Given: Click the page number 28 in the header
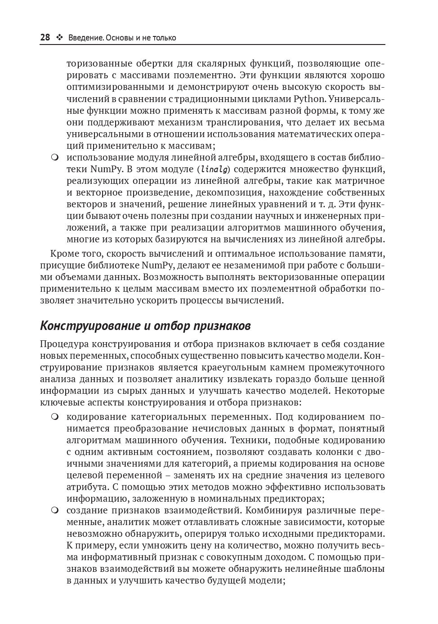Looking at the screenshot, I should pyautogui.click(x=45, y=38).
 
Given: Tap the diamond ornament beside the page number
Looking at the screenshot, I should pyautogui.click(x=59, y=38).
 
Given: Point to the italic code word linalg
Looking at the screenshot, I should pyautogui.click(x=214, y=169).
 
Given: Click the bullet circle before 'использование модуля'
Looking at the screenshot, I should pyautogui.click(x=55, y=158).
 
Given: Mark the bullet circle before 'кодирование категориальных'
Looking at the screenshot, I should pyautogui.click(x=55, y=417).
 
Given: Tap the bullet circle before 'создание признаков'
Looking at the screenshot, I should pyautogui.click(x=55, y=511).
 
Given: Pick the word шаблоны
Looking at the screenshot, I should pyautogui.click(x=366, y=569).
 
